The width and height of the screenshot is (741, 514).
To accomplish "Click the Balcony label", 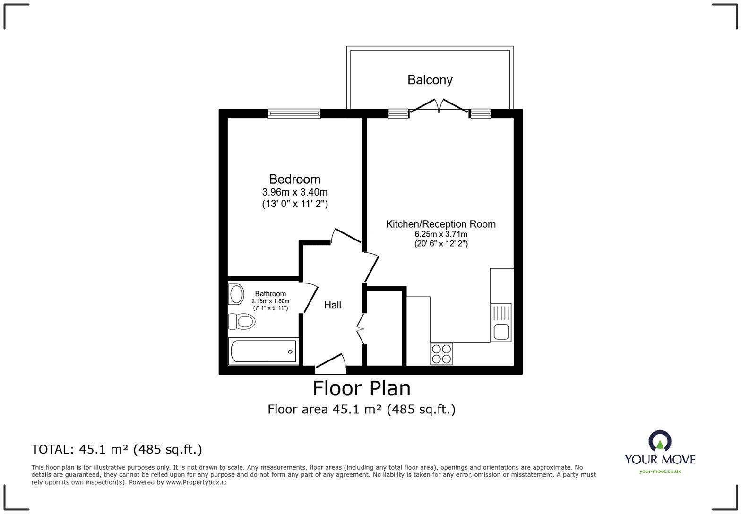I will point(430,80).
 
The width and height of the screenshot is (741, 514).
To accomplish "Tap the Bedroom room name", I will point(294,179).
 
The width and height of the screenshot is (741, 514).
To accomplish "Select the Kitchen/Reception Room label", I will point(440,224).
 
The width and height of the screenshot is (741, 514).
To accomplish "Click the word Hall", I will point(332,305).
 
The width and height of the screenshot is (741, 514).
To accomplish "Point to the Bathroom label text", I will point(270,293).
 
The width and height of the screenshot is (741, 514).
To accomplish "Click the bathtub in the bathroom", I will point(263,351).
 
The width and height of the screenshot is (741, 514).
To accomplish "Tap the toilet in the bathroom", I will point(242,322).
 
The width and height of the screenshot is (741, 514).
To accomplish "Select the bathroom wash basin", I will point(235,294).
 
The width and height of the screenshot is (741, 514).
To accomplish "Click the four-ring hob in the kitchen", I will point(441,354).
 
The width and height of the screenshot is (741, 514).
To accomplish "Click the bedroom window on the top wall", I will point(294,113).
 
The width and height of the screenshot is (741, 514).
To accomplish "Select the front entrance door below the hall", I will point(331,361).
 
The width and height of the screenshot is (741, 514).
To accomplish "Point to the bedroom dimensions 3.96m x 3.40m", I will point(294,192).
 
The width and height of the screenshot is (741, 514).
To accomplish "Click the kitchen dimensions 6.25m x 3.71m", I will point(440,234).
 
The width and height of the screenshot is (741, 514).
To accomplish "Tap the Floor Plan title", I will point(362,388).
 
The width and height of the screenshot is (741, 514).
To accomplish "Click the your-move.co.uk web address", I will point(660,471).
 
